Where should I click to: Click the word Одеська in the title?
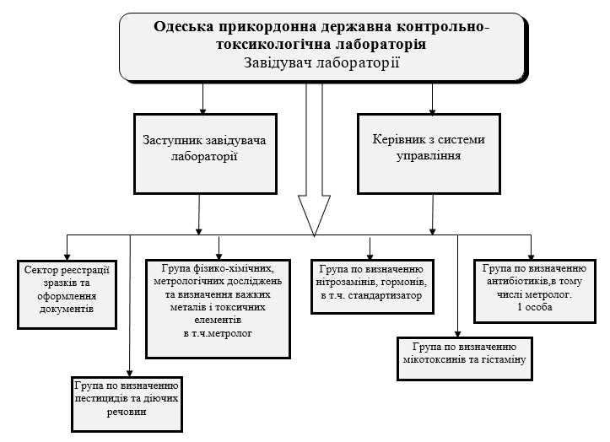pyautogui.click(x=183, y=27)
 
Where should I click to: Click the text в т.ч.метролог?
pyautogui.click(x=218, y=334)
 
